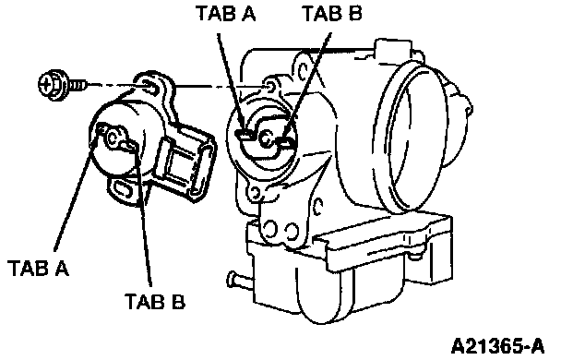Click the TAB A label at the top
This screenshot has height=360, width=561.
pyautogui.click(x=226, y=14)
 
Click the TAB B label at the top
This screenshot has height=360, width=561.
pyautogui.click(x=333, y=14)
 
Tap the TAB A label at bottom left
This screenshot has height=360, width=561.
pyautogui.click(x=38, y=268)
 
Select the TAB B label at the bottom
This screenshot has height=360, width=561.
pyautogui.click(x=155, y=301)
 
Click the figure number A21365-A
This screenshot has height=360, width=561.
pyautogui.click(x=498, y=346)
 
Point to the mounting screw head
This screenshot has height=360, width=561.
pyautogui.click(x=51, y=84)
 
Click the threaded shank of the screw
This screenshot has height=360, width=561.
pyautogui.click(x=77, y=85)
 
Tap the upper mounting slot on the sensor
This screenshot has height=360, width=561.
pyautogui.click(x=149, y=87)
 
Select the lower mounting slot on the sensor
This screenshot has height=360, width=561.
pyautogui.click(x=122, y=188)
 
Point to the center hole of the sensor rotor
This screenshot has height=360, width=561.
pyautogui.click(x=113, y=138)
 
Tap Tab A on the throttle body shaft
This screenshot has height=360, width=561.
pyautogui.click(x=243, y=135)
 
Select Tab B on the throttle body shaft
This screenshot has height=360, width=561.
pyautogui.click(x=287, y=143)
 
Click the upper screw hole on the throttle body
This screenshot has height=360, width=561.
pyautogui.click(x=271, y=86)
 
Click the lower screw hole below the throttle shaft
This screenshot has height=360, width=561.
pyautogui.click(x=255, y=193)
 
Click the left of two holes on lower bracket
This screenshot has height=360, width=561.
pyautogui.click(x=271, y=228)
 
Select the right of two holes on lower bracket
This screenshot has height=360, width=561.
pyautogui.click(x=292, y=231)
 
